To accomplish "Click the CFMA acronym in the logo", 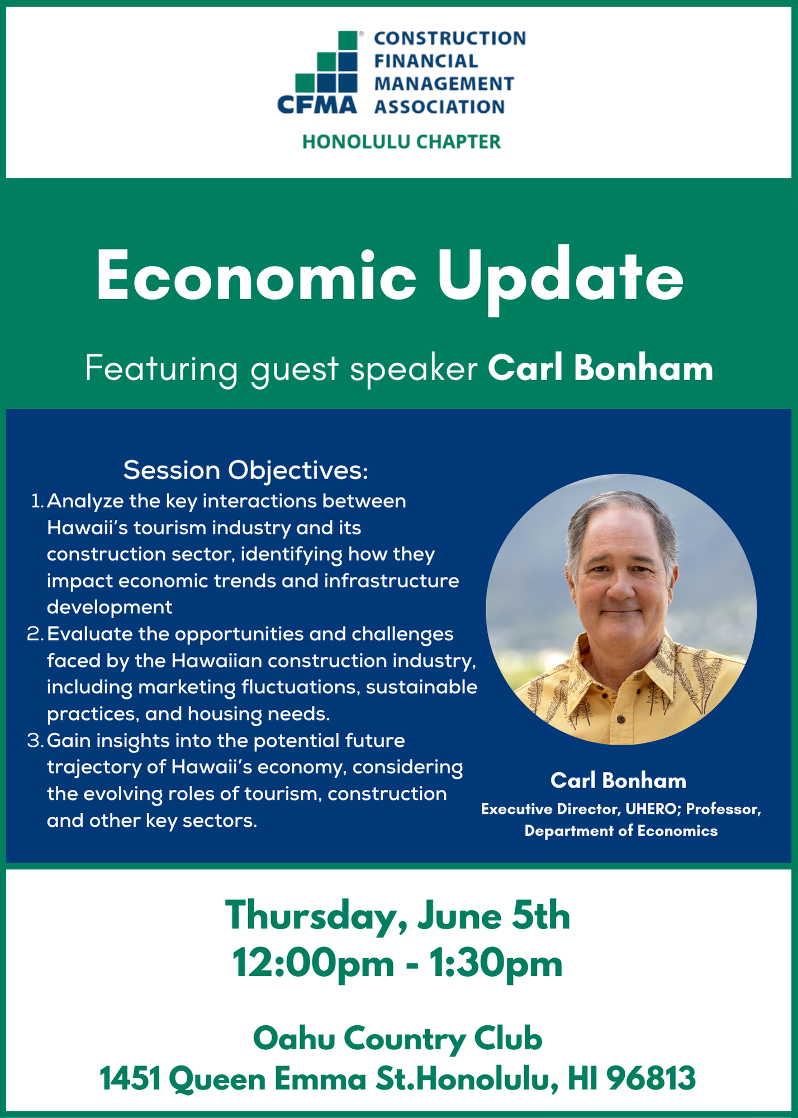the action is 317,105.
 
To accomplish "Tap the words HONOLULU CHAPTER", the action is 401,142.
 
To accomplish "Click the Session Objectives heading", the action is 246,470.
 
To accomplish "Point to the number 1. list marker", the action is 37,501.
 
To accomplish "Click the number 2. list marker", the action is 35,634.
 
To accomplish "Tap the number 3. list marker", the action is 35,740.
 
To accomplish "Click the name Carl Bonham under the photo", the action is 619,780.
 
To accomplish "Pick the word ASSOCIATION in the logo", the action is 439,107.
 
